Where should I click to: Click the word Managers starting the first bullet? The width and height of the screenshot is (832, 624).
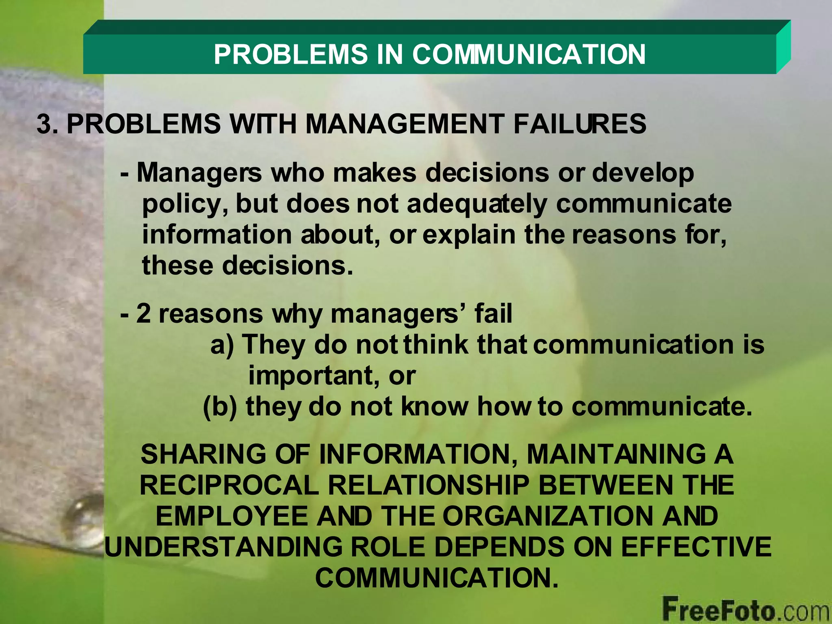coord(199,173)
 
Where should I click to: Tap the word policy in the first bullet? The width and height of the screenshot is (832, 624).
coord(184,204)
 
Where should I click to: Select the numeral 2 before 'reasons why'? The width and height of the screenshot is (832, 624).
coord(143,314)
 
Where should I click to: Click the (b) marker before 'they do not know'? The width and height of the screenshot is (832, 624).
coord(219,407)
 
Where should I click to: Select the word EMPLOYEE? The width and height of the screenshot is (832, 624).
coord(232,516)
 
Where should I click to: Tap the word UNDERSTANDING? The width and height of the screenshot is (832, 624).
coord(223,547)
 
